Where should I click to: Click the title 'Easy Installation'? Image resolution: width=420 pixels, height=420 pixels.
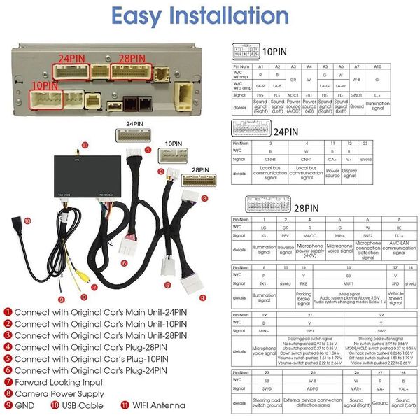point(210,17)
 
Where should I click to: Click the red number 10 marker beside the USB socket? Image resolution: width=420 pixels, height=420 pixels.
point(28,220)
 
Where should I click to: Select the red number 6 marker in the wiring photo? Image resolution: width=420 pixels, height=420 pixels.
point(124,263)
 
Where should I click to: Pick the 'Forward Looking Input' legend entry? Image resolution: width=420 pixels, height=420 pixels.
point(59,382)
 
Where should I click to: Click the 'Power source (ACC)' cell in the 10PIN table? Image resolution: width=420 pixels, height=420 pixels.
point(293,106)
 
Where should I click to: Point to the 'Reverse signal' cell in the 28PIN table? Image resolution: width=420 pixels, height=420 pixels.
point(286,248)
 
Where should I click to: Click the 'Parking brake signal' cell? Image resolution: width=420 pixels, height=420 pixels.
point(304,297)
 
